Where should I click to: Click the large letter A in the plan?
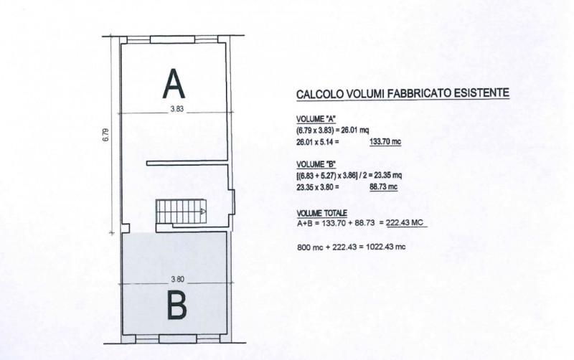(x=174, y=84)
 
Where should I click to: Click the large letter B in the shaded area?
(x=177, y=305)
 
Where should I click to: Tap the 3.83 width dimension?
(x=177, y=109)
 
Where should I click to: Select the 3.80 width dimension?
(x=177, y=279)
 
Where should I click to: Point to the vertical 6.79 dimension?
(x=105, y=135)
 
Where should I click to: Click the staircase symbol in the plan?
(x=181, y=211)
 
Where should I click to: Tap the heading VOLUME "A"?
(x=316, y=119)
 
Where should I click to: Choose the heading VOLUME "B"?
(x=316, y=164)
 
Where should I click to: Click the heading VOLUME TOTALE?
(x=321, y=213)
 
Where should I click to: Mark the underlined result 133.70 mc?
(x=385, y=141)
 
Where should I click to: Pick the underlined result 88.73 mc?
(x=383, y=187)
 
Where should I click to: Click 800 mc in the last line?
(x=310, y=247)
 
